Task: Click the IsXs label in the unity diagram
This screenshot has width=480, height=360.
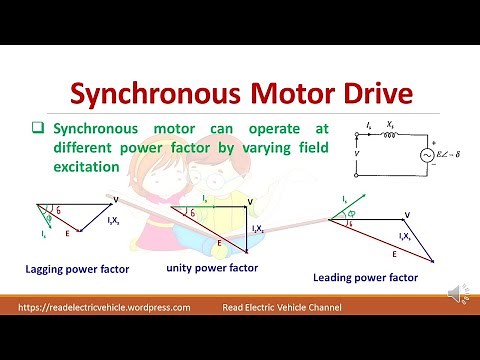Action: point(258,229)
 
